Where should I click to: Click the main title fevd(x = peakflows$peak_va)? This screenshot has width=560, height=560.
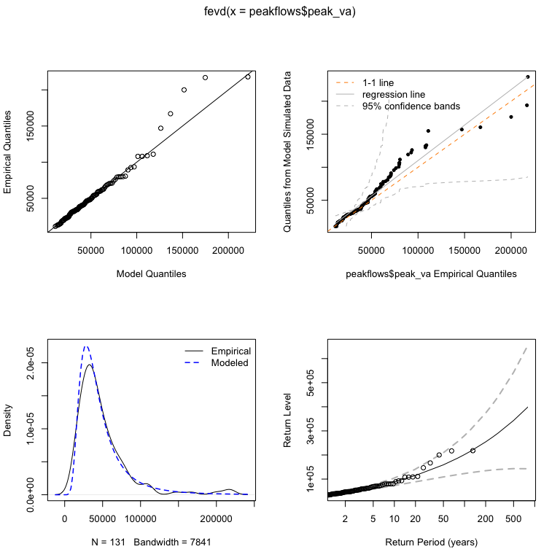click(280, 12)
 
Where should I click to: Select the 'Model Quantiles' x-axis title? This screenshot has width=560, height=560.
click(151, 274)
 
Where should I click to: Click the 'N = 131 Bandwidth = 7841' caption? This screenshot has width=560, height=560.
click(151, 542)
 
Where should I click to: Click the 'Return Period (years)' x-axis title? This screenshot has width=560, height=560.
click(430, 542)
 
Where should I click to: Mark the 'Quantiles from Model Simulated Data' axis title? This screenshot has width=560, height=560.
click(290, 152)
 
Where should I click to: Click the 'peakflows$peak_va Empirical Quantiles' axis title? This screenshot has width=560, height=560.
click(430, 274)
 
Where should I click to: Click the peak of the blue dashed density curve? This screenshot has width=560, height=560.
click(86, 346)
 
